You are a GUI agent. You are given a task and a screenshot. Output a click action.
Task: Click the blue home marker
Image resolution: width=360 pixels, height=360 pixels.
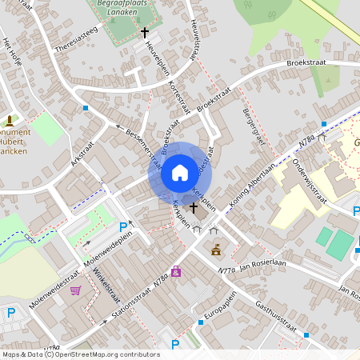coord(179,172)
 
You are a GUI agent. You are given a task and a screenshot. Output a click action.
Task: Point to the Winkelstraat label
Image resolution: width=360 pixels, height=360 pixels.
coord(102,290)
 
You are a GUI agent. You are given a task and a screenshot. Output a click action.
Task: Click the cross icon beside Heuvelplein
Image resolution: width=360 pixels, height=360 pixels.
coord(145,33)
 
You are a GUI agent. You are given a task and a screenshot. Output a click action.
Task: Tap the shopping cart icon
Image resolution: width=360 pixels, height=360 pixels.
coord(76,291)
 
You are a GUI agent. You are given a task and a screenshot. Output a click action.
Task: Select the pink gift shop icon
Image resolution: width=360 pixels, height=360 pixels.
coord(175,271)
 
